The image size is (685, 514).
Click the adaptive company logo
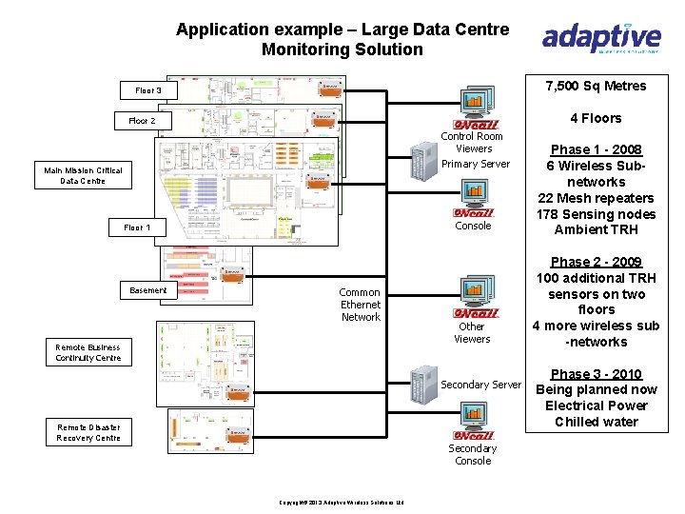click(x=600, y=39)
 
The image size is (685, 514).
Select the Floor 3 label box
click(x=148, y=90)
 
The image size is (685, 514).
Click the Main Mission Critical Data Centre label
click(x=83, y=175)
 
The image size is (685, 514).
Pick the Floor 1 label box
click(x=144, y=227)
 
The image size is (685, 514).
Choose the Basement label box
click(x=147, y=290)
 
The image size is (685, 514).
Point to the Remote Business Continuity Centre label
click(x=88, y=353)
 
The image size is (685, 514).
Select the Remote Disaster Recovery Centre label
click(x=88, y=432)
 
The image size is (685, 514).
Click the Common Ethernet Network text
click(x=361, y=305)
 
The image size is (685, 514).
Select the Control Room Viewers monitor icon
click(x=476, y=103)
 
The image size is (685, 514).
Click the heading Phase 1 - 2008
click(x=597, y=149)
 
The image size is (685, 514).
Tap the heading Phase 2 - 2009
click(x=597, y=262)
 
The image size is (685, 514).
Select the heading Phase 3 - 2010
click(x=597, y=374)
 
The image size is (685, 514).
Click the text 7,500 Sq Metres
click(x=597, y=86)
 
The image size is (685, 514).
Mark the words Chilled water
click(x=597, y=422)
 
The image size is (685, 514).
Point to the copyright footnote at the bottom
click(x=342, y=502)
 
